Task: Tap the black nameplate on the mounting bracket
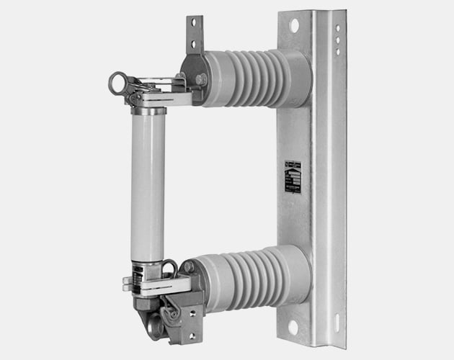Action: (293, 177)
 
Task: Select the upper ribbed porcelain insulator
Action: (252, 78)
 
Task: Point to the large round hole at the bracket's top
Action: (294, 26)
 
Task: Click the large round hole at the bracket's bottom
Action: (293, 328)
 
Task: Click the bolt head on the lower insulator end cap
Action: (189, 267)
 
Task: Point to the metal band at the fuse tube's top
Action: (148, 112)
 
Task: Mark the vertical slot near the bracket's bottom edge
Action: (334, 320)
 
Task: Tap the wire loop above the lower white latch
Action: (170, 268)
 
